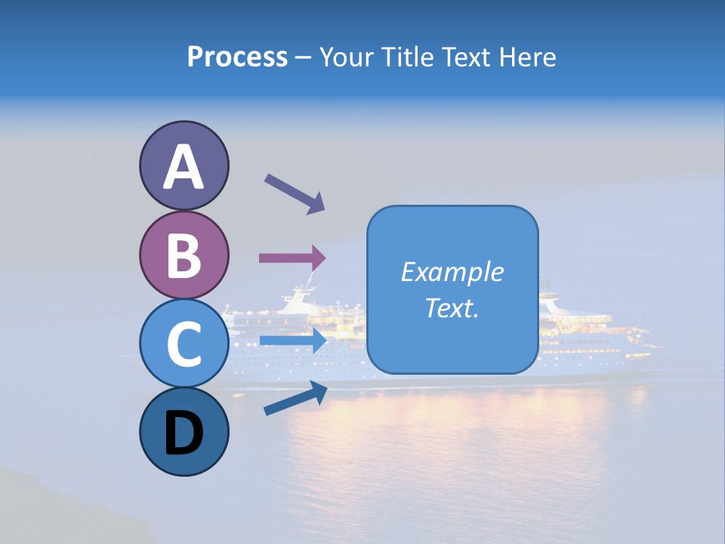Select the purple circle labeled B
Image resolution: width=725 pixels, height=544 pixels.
pyautogui.click(x=184, y=255)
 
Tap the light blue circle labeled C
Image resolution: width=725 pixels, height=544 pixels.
pyautogui.click(x=184, y=343)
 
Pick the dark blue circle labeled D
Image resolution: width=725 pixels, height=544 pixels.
pyautogui.click(x=184, y=431)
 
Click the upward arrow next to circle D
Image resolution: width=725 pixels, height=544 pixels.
pyautogui.click(x=295, y=398)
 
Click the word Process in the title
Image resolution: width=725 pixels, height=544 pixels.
pyautogui.click(x=237, y=57)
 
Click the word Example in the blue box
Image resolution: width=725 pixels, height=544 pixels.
pyautogui.click(x=452, y=272)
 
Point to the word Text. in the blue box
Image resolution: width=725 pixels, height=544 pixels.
pyautogui.click(x=452, y=308)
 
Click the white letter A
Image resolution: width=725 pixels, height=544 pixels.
pyautogui.click(x=184, y=167)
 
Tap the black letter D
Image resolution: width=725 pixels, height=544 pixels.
pyautogui.click(x=184, y=434)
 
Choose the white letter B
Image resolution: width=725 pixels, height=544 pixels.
pyautogui.click(x=184, y=255)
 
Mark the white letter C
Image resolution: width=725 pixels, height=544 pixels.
pyautogui.click(x=184, y=344)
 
